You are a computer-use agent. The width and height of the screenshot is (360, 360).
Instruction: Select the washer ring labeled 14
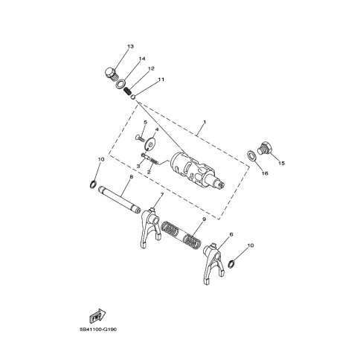tap(118, 86)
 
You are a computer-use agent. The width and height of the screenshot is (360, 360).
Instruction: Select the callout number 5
tap(145, 122)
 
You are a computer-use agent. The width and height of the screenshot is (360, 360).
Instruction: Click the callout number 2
tap(149, 171)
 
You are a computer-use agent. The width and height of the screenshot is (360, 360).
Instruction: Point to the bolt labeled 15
tap(261, 147)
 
